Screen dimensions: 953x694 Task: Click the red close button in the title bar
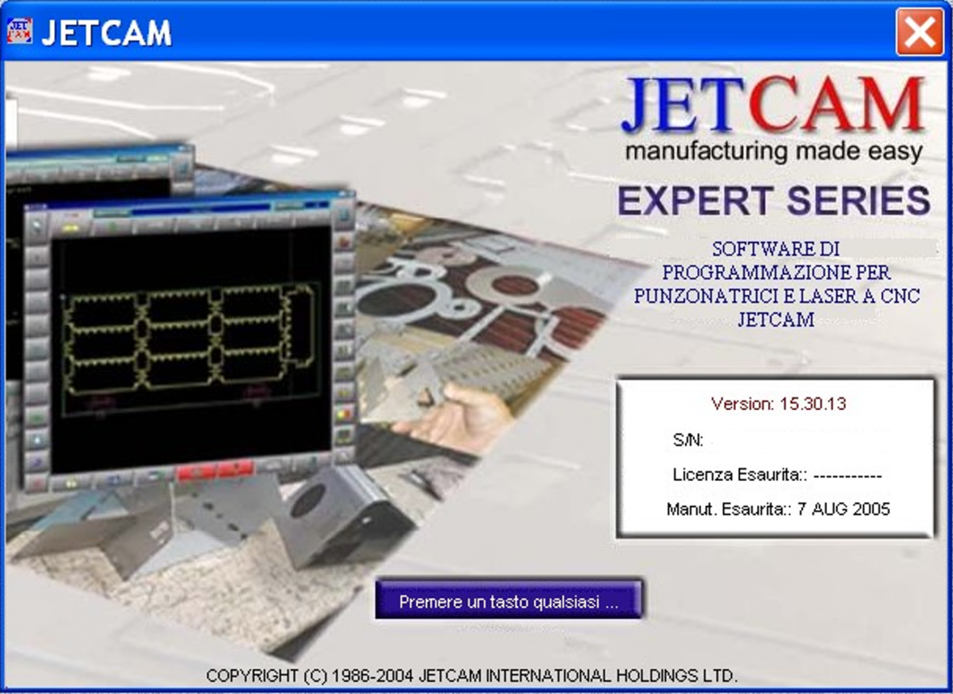[x=920, y=32]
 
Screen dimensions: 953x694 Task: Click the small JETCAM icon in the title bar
[x=20, y=31]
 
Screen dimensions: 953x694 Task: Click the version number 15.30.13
[x=813, y=404]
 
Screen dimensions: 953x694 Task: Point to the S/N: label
[x=688, y=440]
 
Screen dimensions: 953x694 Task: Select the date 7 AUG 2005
[x=843, y=509]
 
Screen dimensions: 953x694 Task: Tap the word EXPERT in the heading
[x=695, y=201]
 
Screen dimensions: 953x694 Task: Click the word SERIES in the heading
[x=859, y=201]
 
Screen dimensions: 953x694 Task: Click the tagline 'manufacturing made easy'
[x=774, y=151]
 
